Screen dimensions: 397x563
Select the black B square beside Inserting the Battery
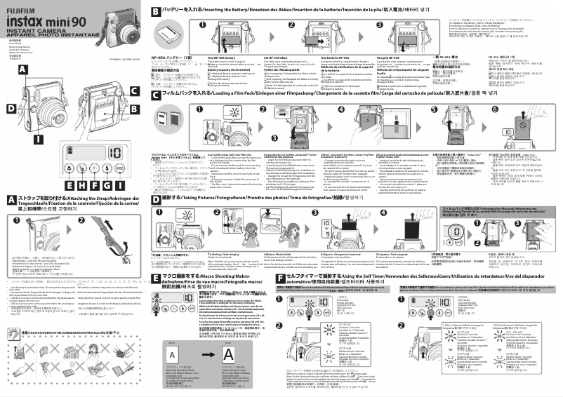tap(156, 12)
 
